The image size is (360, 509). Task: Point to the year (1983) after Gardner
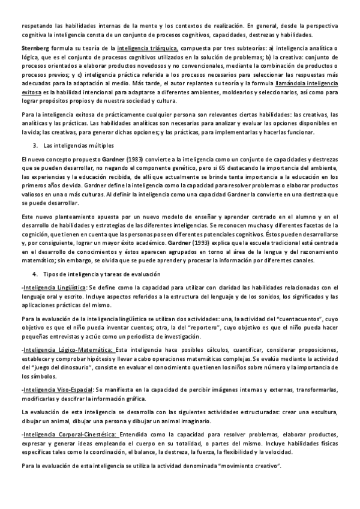tap(137, 159)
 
